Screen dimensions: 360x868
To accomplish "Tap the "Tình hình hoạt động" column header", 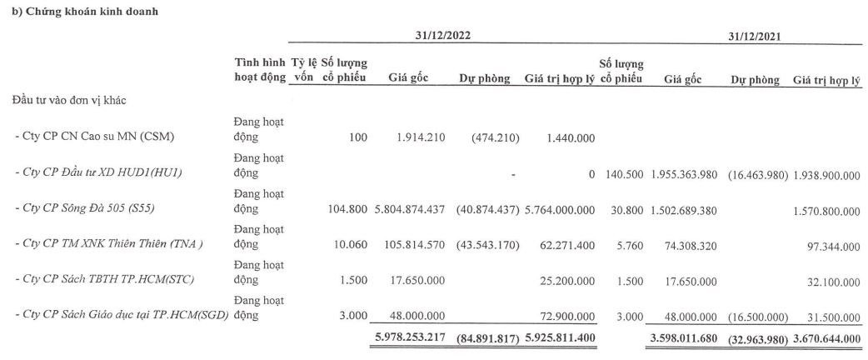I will pos(260,71).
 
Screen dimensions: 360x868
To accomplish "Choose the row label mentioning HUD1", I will pos(97,173).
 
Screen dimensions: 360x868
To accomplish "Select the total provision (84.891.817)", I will pos(487,338).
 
